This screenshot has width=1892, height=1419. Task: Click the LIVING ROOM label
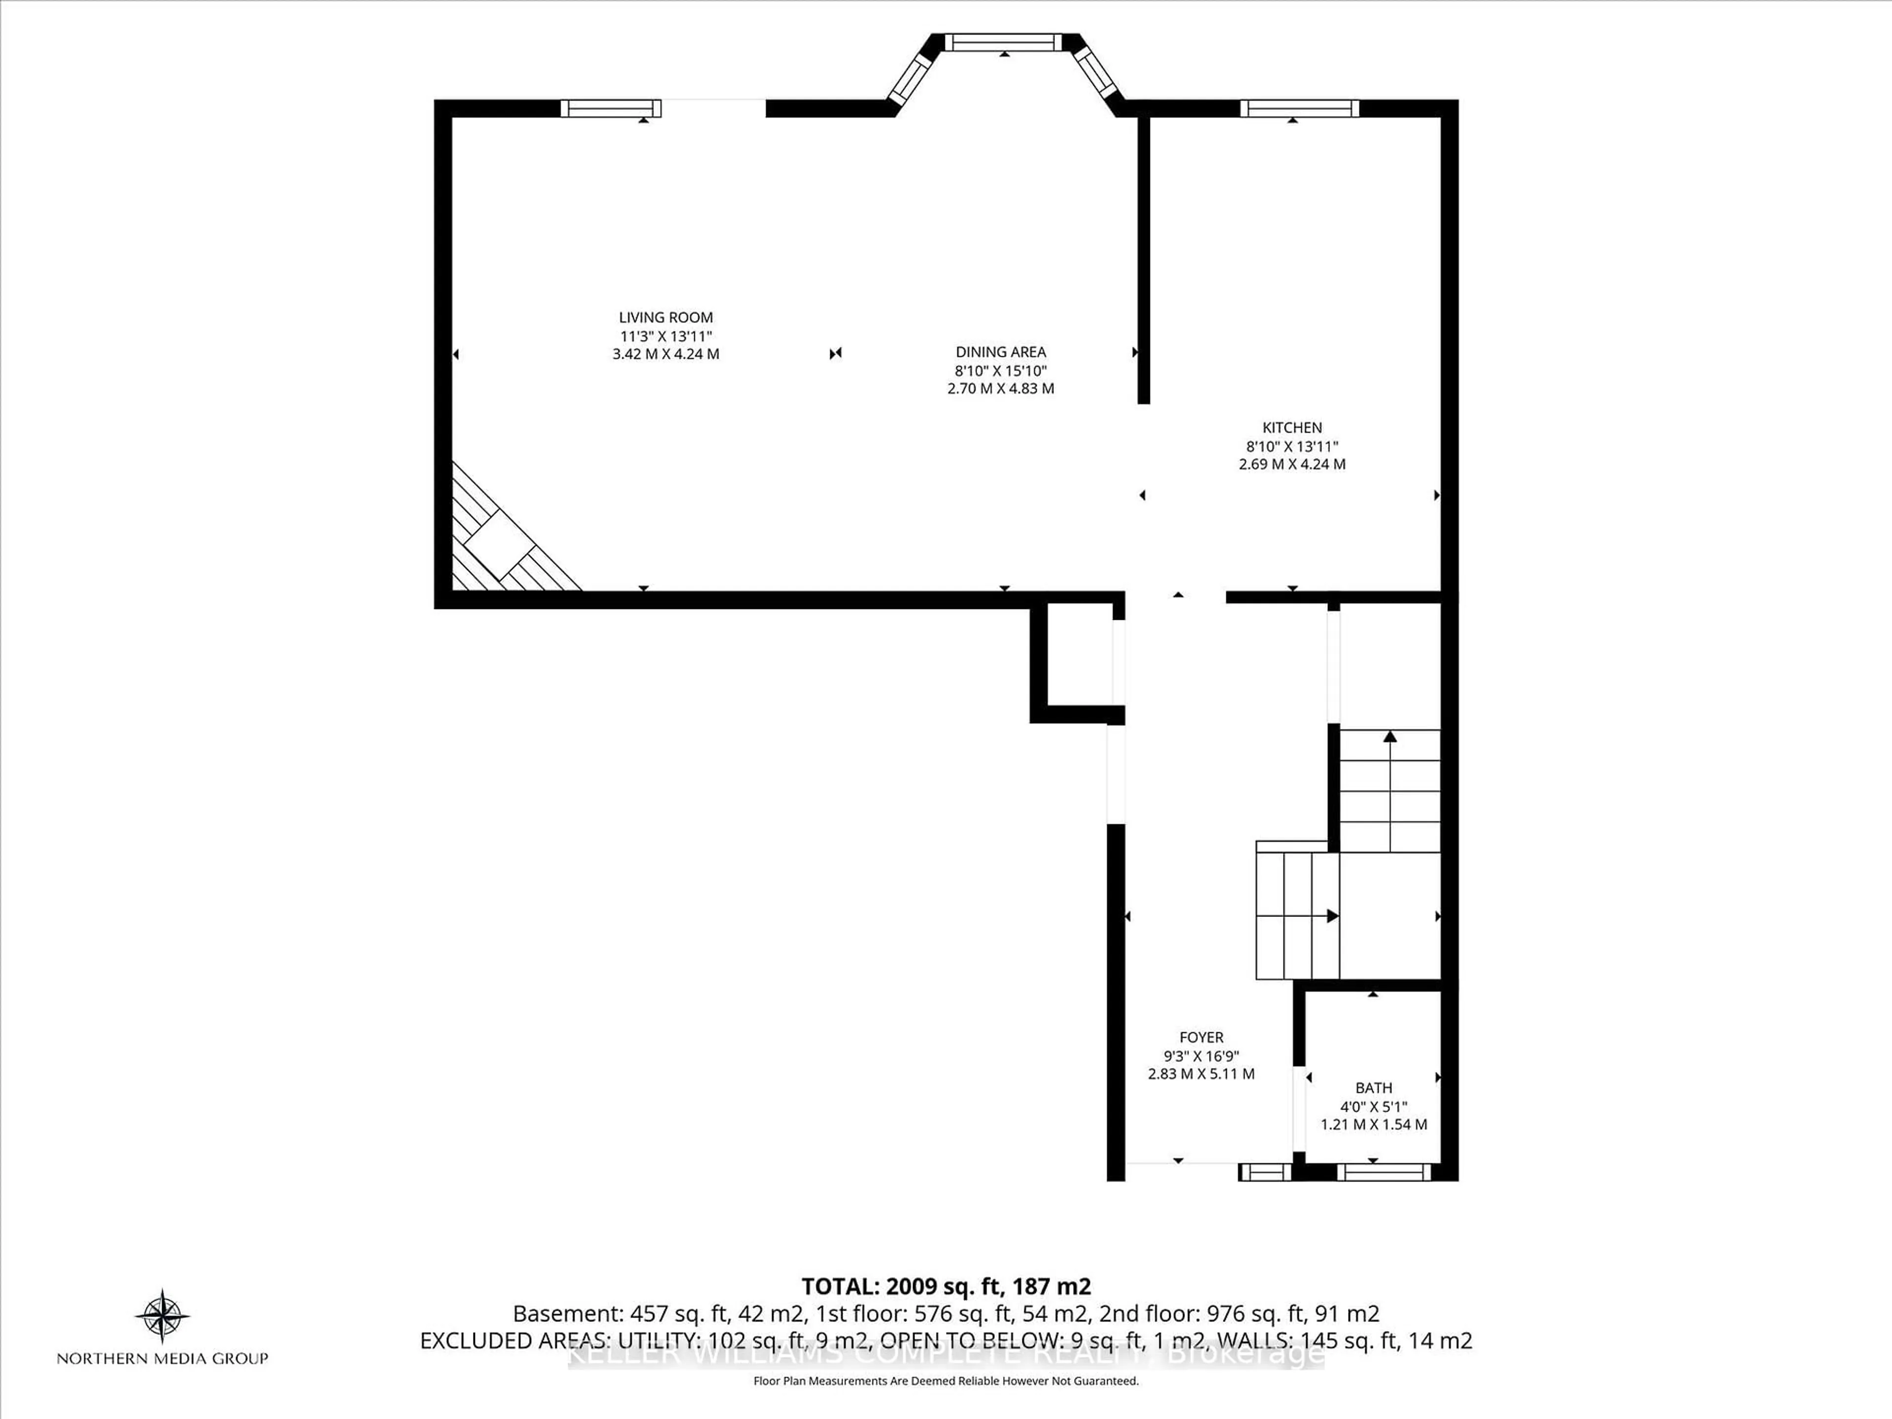click(666, 317)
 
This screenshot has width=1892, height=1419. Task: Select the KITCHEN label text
click(1291, 428)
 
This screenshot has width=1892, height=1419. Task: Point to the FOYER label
click(1201, 1038)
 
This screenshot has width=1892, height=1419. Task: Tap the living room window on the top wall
click(610, 108)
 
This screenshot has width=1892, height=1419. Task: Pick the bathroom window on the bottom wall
click(1383, 1172)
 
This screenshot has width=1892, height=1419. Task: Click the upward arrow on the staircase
click(1390, 737)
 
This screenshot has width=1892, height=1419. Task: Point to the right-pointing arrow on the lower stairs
click(1331, 916)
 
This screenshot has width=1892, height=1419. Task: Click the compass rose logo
click(163, 1315)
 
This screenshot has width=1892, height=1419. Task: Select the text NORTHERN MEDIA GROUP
click(163, 1358)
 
